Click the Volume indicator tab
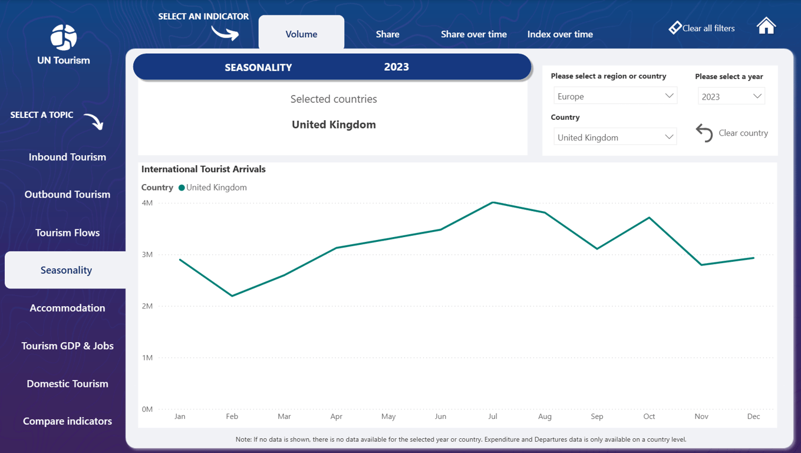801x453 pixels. pos(301,34)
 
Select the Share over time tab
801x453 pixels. pos(473,34)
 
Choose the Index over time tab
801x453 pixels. pos(560,34)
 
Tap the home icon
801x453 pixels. pos(766,27)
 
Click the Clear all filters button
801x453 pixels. pos(701,28)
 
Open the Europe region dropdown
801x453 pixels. pos(615,96)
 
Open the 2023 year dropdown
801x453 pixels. pos(731,96)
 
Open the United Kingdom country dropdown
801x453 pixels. pos(615,137)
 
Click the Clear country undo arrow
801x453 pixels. pos(704,133)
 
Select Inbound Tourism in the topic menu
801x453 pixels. pos(67,157)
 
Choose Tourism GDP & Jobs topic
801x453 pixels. pos(67,346)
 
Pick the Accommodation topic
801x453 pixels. pos(67,308)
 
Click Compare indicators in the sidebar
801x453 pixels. pos(67,421)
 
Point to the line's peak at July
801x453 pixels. pos(493,202)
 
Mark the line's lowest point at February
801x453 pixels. pos(232,296)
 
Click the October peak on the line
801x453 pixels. pos(649,218)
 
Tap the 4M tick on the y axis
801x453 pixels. pos(147,203)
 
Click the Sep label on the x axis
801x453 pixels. pos(597,416)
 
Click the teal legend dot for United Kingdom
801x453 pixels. pos(182,188)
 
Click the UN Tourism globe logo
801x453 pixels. pos(64,37)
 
